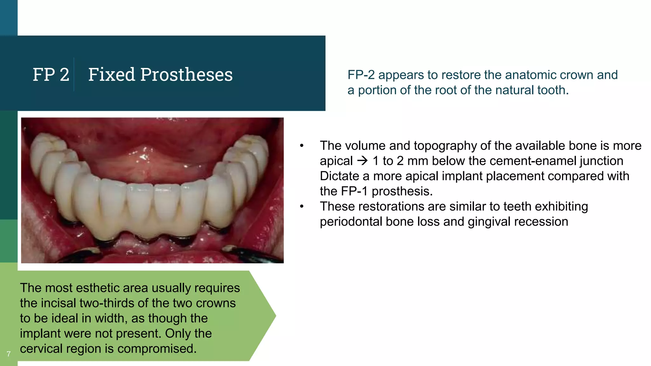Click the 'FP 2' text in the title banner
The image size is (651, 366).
click(x=51, y=75)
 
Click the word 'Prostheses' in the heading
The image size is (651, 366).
click(x=186, y=75)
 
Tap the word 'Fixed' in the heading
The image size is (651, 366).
click(x=112, y=75)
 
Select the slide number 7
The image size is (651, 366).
click(x=9, y=354)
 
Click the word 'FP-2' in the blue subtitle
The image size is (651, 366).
click(x=361, y=75)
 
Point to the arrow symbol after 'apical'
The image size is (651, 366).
click(x=362, y=161)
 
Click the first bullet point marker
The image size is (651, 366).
click(x=302, y=146)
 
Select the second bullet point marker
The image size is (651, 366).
click(x=302, y=207)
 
